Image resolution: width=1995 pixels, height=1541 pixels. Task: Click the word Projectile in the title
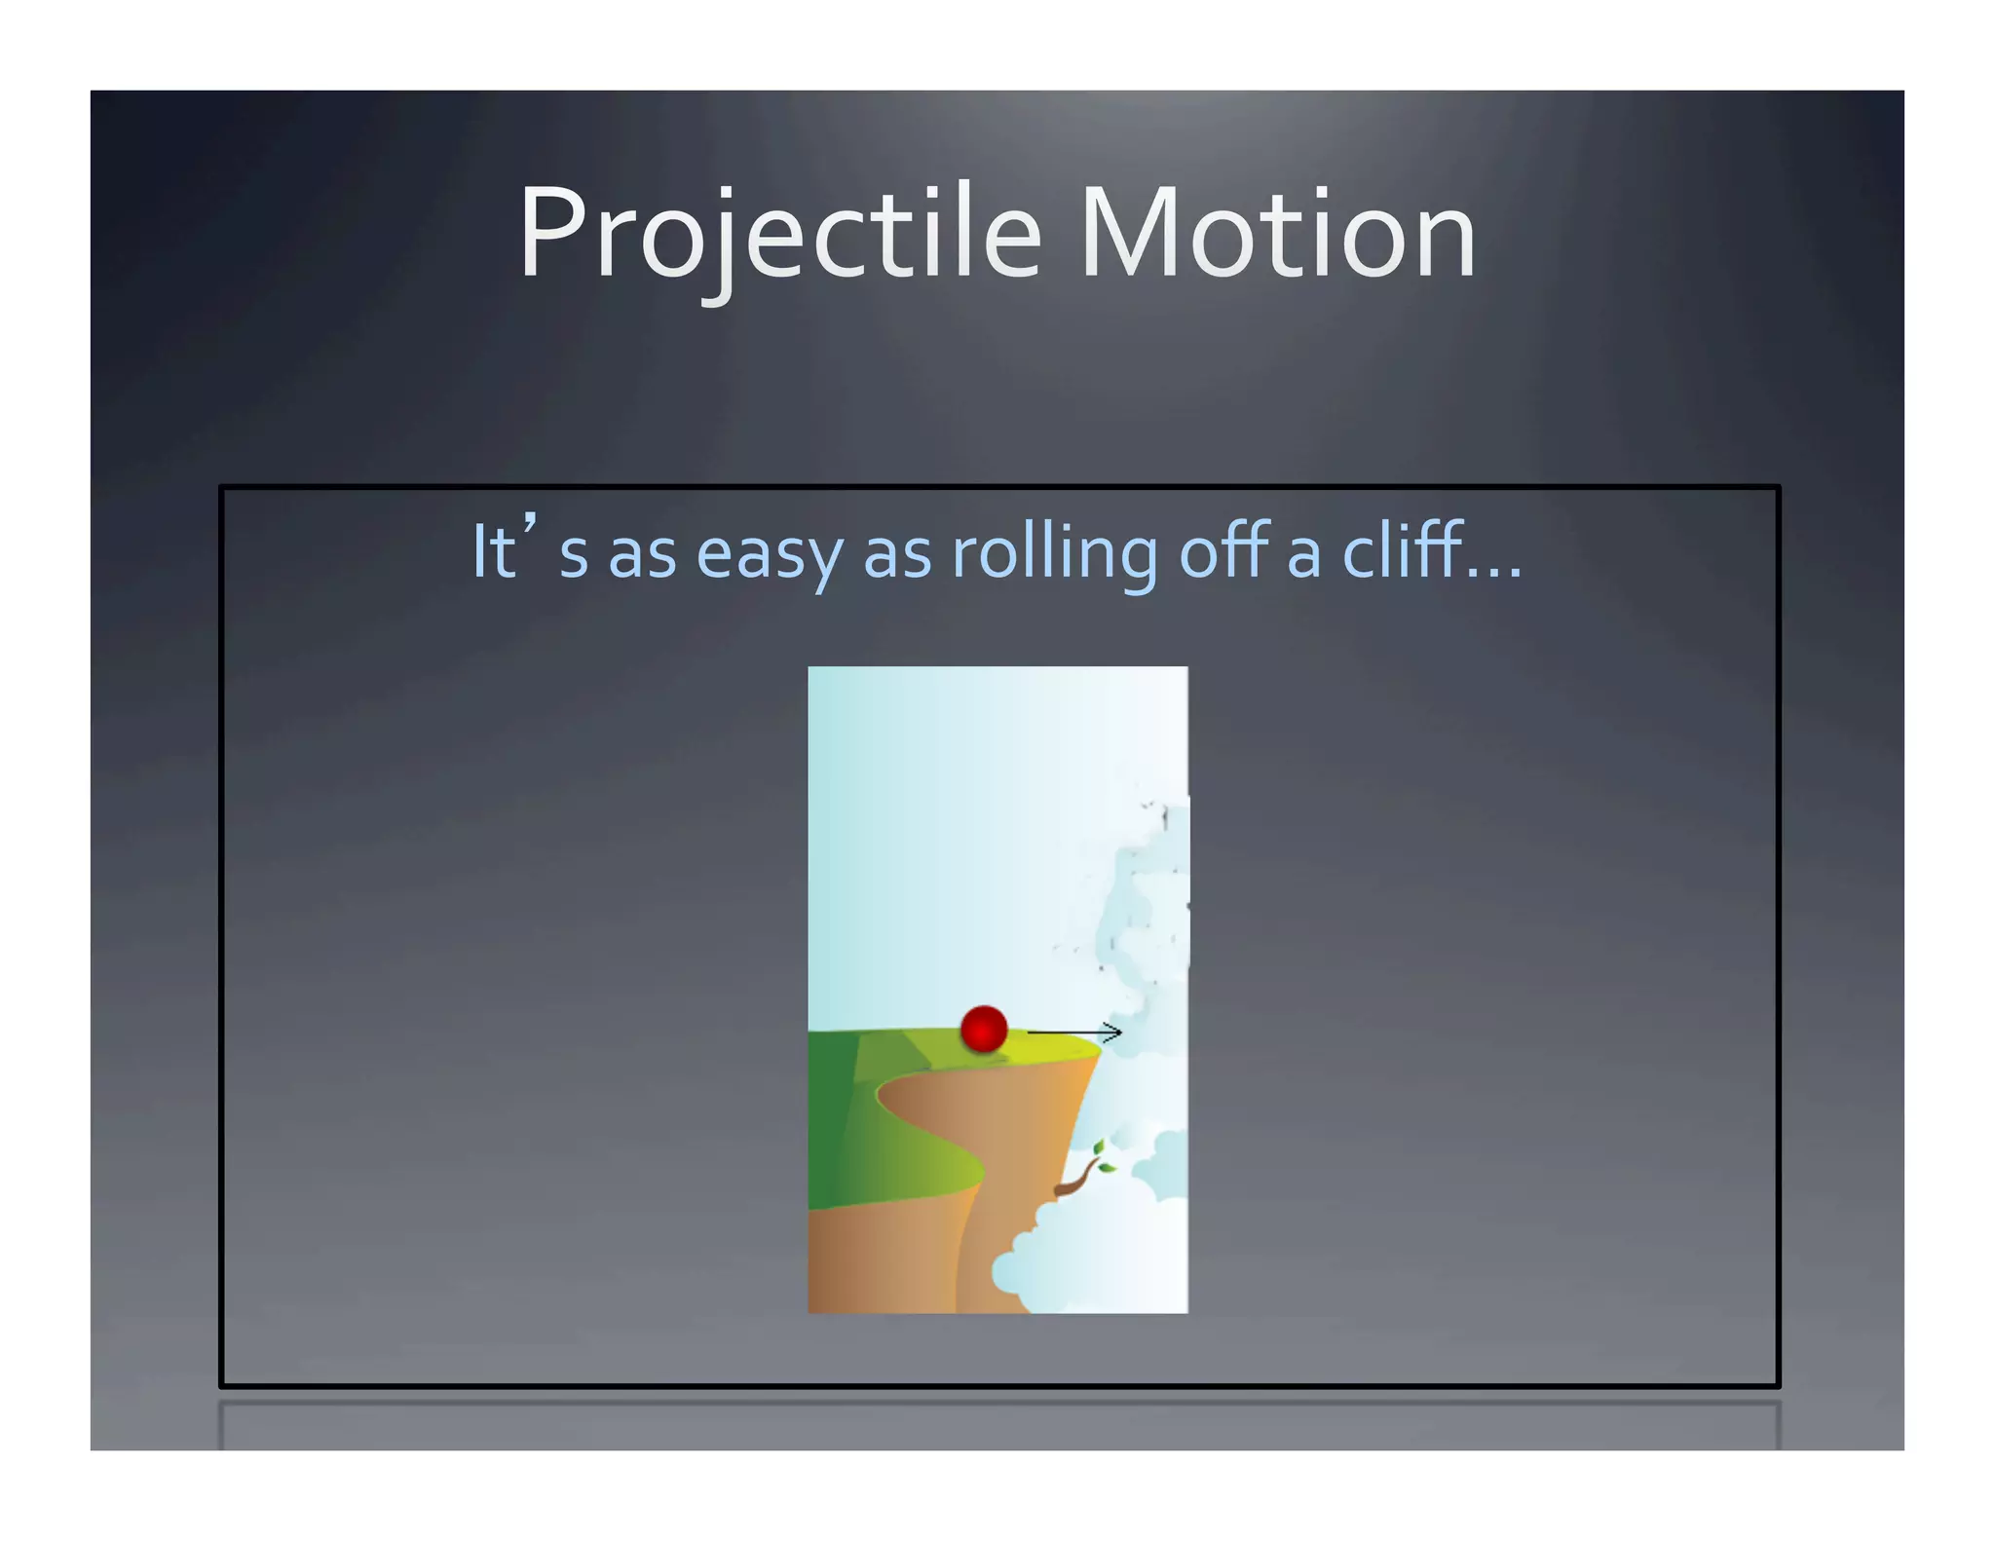(779, 234)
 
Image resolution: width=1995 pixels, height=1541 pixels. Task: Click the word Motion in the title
(1278, 234)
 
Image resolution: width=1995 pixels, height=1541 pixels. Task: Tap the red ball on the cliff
(983, 1029)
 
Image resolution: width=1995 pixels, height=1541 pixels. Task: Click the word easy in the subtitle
(770, 553)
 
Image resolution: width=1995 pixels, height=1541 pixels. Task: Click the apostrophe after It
(530, 529)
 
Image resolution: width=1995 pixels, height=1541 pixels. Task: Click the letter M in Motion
(1130, 234)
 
